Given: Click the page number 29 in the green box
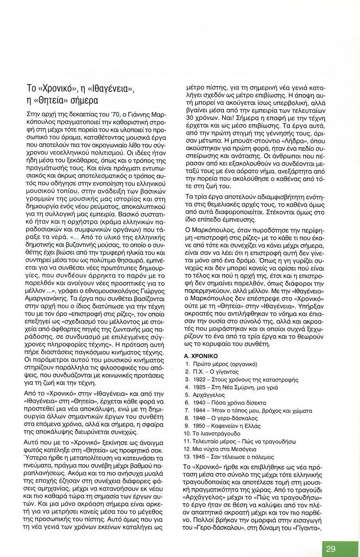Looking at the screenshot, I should coord(331,549).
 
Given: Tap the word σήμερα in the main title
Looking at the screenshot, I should coord(85,101).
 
